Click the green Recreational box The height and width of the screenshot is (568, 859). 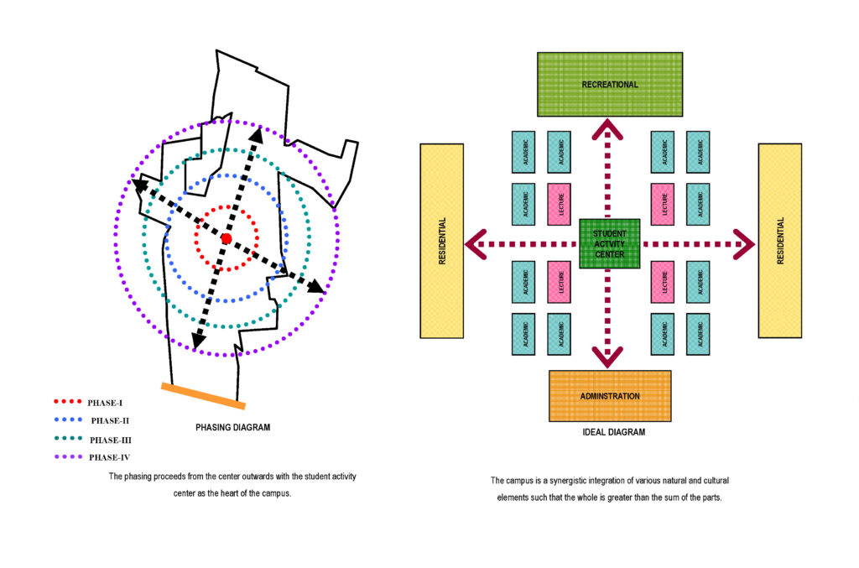click(x=610, y=84)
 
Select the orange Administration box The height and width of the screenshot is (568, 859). click(x=610, y=395)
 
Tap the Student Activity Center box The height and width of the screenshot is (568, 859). click(x=610, y=243)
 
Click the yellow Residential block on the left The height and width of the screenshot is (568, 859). click(x=441, y=241)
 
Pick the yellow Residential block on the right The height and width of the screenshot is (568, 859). click(x=779, y=241)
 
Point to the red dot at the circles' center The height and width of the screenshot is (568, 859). click(x=226, y=239)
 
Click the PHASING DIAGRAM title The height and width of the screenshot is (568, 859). click(x=232, y=427)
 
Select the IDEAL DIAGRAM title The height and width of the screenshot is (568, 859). click(x=613, y=433)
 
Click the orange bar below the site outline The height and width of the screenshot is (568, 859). click(x=203, y=396)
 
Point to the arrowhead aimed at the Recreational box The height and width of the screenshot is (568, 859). click(x=610, y=128)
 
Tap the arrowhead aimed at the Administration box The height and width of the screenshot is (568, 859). click(x=610, y=357)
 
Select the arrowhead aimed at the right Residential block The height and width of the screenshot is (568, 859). click(x=745, y=244)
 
